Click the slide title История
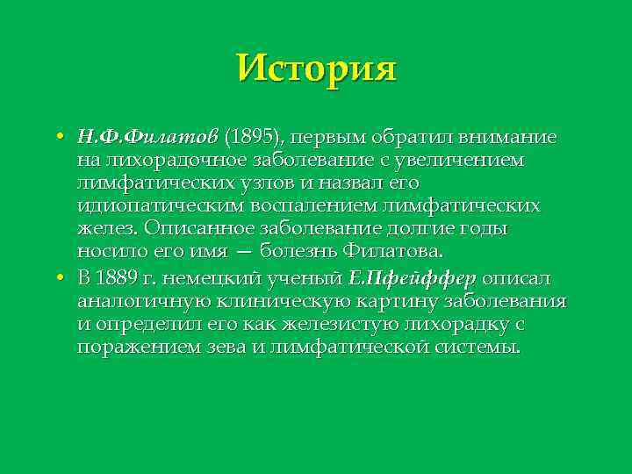tap(316, 67)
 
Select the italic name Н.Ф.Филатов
tap(147, 138)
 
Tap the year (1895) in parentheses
tap(254, 138)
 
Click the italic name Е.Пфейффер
tap(413, 278)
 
